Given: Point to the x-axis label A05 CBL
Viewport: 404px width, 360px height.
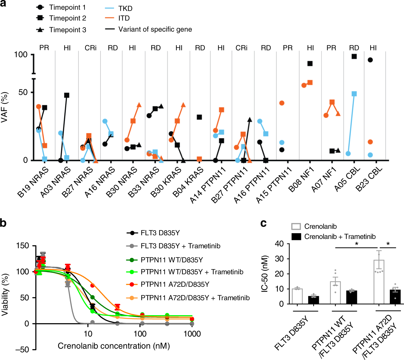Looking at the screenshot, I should point(347,179).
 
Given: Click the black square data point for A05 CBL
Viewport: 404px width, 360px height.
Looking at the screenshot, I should point(354,56).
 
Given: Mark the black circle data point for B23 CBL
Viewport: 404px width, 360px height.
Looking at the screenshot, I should point(370,60).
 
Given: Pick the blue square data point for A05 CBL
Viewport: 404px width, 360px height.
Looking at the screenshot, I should point(354,94).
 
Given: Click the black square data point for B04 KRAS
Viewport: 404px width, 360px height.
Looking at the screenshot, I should point(199,117).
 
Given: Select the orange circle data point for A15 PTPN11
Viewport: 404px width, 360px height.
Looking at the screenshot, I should point(282,103).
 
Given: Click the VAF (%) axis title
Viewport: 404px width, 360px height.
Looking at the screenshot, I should point(5,107).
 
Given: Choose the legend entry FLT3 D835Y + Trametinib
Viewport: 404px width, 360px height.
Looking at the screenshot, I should point(180,246).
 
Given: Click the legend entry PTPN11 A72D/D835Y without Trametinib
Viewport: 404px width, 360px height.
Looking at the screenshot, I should point(175,284).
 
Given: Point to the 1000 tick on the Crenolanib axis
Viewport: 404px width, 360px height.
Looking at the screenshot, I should point(192,334).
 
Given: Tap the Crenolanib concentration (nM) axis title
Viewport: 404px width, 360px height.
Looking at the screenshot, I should point(114,346).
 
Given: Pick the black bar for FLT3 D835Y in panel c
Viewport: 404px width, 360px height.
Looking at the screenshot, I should point(313,300).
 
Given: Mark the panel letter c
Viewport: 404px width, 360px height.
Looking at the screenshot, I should point(263,224).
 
